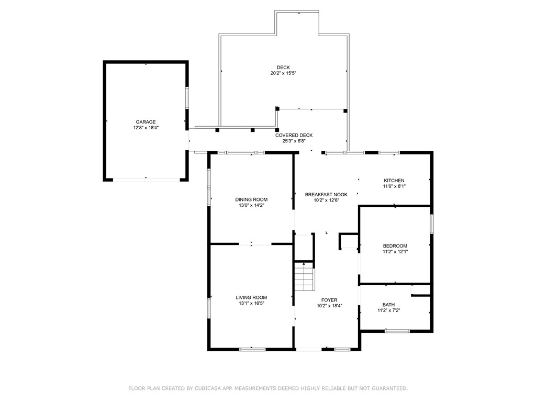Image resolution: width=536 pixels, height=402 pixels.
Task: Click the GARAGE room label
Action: (x=146, y=122)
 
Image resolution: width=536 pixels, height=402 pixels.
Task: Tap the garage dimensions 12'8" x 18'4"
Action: (x=146, y=128)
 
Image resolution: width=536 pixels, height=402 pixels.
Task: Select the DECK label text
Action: (x=283, y=67)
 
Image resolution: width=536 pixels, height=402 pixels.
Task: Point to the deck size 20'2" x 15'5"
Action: (x=283, y=73)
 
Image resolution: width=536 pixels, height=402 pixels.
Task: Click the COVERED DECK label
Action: (x=294, y=135)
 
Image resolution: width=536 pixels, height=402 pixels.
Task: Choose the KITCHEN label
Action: (x=394, y=181)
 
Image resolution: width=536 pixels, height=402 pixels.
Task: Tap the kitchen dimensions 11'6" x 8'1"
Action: (x=394, y=186)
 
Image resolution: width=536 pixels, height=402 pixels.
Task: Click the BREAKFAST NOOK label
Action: (x=326, y=194)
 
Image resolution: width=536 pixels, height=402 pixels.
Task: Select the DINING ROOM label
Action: (x=251, y=199)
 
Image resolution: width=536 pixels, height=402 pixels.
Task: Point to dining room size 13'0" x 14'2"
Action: (x=251, y=205)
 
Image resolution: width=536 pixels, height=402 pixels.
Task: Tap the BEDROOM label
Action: (x=395, y=245)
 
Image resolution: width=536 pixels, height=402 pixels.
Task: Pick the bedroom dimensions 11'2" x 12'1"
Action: (x=395, y=251)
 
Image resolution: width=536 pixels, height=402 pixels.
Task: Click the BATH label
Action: (x=388, y=304)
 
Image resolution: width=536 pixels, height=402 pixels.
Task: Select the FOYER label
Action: (x=329, y=300)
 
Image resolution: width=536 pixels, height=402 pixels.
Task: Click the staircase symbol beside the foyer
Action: (x=304, y=276)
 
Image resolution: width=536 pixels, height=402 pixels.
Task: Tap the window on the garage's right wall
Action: (x=187, y=98)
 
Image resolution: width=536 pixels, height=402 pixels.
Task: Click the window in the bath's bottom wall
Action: (x=397, y=331)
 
